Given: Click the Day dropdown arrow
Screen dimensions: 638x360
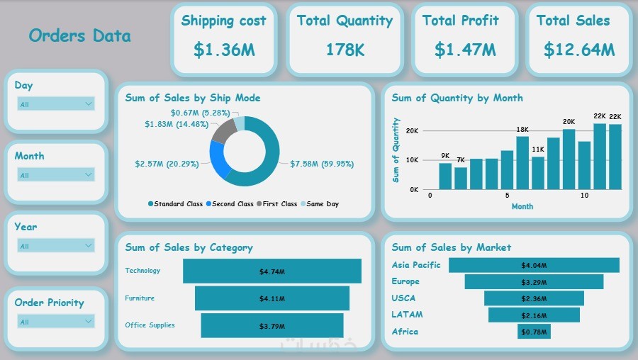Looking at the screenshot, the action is [89, 103].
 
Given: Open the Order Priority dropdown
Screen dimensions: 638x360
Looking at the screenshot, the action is [56, 321].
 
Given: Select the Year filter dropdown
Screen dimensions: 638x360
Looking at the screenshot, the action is [56, 245].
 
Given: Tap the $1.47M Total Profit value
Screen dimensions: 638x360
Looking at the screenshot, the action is [465, 50].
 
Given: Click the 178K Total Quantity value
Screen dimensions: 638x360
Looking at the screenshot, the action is [345, 50].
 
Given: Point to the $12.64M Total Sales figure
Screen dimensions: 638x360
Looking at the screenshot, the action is [579, 50].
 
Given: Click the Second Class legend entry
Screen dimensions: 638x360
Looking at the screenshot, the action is [230, 204].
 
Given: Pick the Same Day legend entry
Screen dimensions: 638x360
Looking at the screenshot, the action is [320, 204].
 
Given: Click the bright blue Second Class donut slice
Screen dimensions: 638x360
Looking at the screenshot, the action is [218, 159].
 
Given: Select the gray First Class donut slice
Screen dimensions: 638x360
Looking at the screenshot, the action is [224, 131].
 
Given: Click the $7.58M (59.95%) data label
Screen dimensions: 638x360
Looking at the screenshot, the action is [322, 164].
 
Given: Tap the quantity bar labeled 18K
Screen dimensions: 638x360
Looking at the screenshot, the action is [522, 163].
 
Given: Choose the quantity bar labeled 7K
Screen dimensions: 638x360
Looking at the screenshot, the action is [461, 178].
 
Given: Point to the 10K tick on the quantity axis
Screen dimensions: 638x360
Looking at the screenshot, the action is [412, 160].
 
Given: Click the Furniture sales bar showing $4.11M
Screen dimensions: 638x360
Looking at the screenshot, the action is [272, 298].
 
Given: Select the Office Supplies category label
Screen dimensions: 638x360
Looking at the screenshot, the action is [150, 325].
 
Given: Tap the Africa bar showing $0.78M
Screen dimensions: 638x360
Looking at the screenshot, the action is [534, 332].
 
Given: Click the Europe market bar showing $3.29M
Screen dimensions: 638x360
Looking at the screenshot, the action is [534, 281].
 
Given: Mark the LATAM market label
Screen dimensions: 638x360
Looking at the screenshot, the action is [407, 315].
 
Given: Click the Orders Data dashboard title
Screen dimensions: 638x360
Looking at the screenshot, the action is [79, 36].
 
